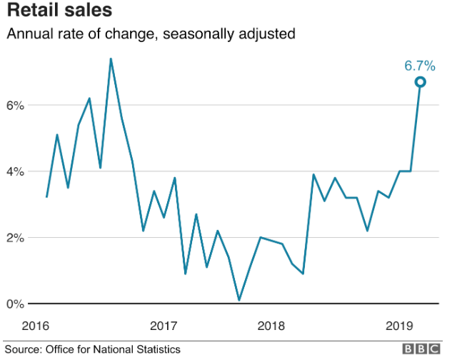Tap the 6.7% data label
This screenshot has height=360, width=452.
[419, 66]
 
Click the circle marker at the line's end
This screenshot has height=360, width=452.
[421, 82]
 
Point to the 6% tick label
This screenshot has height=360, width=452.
[16, 105]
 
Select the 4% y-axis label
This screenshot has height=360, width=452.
[16, 171]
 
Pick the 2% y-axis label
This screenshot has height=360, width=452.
[16, 237]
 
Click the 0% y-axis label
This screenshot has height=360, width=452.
[16, 304]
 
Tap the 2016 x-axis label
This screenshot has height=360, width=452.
[36, 326]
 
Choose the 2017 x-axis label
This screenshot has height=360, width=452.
[164, 326]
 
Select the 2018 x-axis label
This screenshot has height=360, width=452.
[271, 326]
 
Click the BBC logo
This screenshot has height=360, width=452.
[422, 349]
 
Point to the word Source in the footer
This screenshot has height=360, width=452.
[24, 349]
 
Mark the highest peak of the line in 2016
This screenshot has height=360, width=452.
[111, 59]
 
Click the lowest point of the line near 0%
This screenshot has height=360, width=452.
[239, 300]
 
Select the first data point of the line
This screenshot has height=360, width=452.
[46, 197]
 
